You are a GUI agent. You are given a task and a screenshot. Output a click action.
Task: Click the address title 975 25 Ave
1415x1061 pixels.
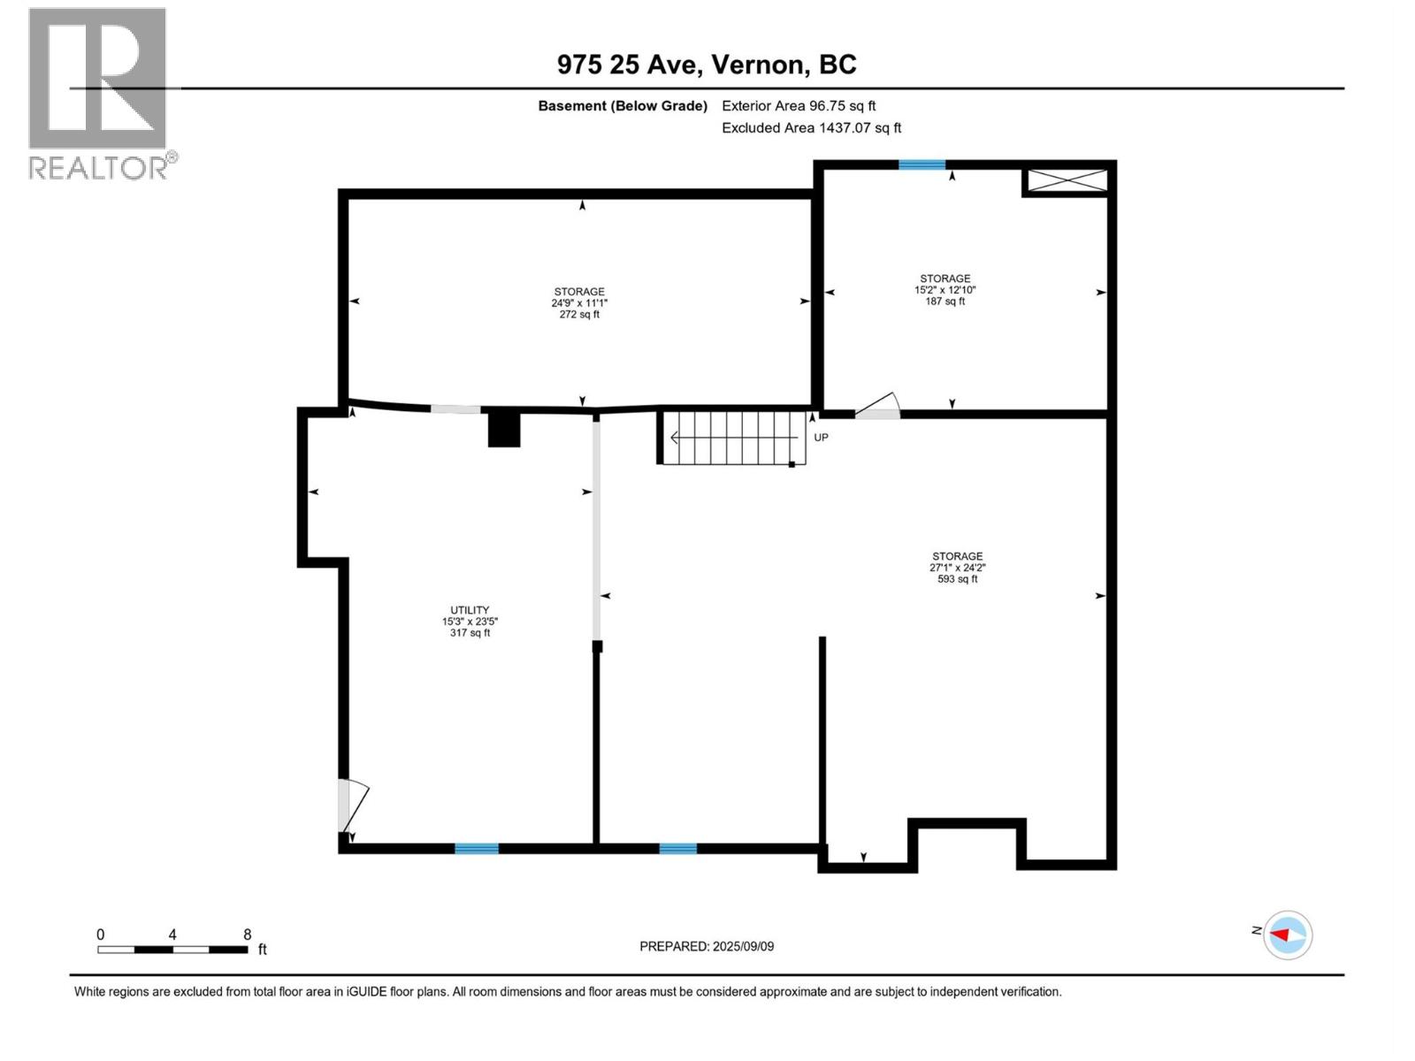[706, 65]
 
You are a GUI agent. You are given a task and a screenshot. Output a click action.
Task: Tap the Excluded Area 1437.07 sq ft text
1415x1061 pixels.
[811, 128]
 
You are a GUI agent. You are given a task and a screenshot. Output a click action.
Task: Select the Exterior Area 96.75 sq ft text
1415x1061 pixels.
[798, 106]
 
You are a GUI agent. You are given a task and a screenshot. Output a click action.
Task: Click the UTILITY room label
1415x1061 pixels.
[470, 621]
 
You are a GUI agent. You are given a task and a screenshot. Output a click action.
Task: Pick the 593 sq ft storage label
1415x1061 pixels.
[957, 568]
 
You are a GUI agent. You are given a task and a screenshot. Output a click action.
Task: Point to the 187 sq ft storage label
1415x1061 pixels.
[945, 290]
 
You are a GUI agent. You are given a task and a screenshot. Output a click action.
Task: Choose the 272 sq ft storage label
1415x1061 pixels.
[579, 302]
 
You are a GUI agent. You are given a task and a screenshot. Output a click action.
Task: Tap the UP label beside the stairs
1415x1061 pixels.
[821, 438]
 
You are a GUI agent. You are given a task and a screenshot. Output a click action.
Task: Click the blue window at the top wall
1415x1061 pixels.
[922, 164]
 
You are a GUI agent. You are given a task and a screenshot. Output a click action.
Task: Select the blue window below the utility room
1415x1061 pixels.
[477, 849]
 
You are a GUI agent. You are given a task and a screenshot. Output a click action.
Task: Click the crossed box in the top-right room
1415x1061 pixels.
[1066, 180]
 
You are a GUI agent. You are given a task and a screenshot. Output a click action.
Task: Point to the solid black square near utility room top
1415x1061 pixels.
[504, 430]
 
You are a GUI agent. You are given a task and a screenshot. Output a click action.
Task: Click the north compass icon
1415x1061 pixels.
[1287, 935]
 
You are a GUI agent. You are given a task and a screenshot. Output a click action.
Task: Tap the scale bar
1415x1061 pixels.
[172, 950]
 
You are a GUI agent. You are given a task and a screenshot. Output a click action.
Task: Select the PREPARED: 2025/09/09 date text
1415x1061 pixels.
[707, 946]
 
